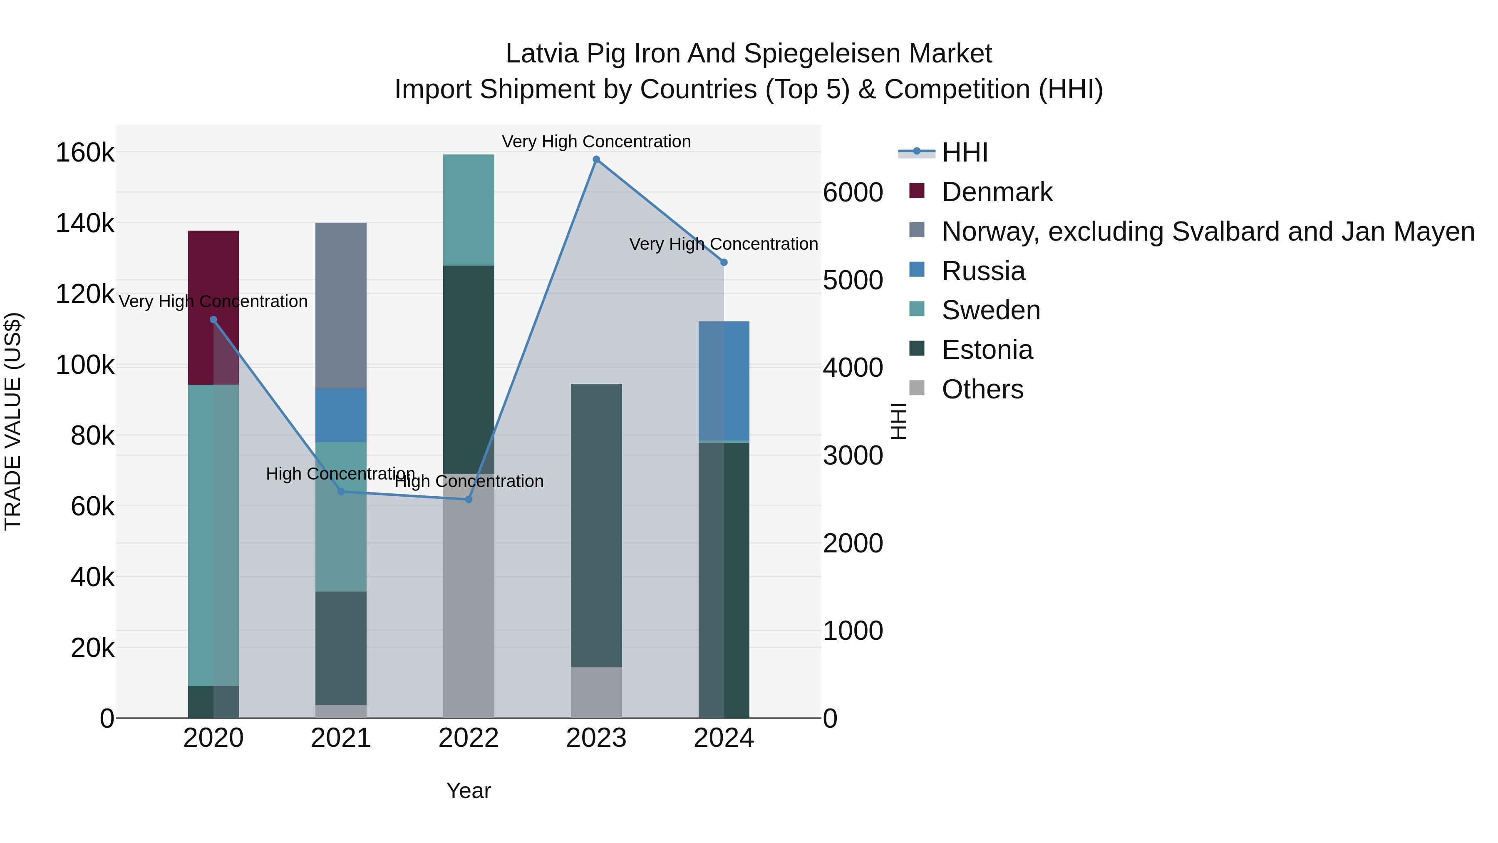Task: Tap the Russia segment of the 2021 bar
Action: [x=341, y=415]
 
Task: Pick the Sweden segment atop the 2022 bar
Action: [x=468, y=209]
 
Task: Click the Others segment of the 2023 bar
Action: [x=596, y=692]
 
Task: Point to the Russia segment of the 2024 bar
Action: [x=724, y=380]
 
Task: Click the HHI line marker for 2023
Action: [x=596, y=159]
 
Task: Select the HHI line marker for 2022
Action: [x=469, y=499]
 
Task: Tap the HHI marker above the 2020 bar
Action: [x=213, y=319]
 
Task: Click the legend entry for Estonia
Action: [x=987, y=350]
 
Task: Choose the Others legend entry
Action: [x=982, y=389]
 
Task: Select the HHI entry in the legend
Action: [x=964, y=152]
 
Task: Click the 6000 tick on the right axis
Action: [x=853, y=193]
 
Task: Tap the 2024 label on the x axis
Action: [x=724, y=738]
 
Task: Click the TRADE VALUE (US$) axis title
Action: [x=13, y=421]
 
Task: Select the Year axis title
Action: [x=468, y=791]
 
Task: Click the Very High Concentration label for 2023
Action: [x=596, y=142]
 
